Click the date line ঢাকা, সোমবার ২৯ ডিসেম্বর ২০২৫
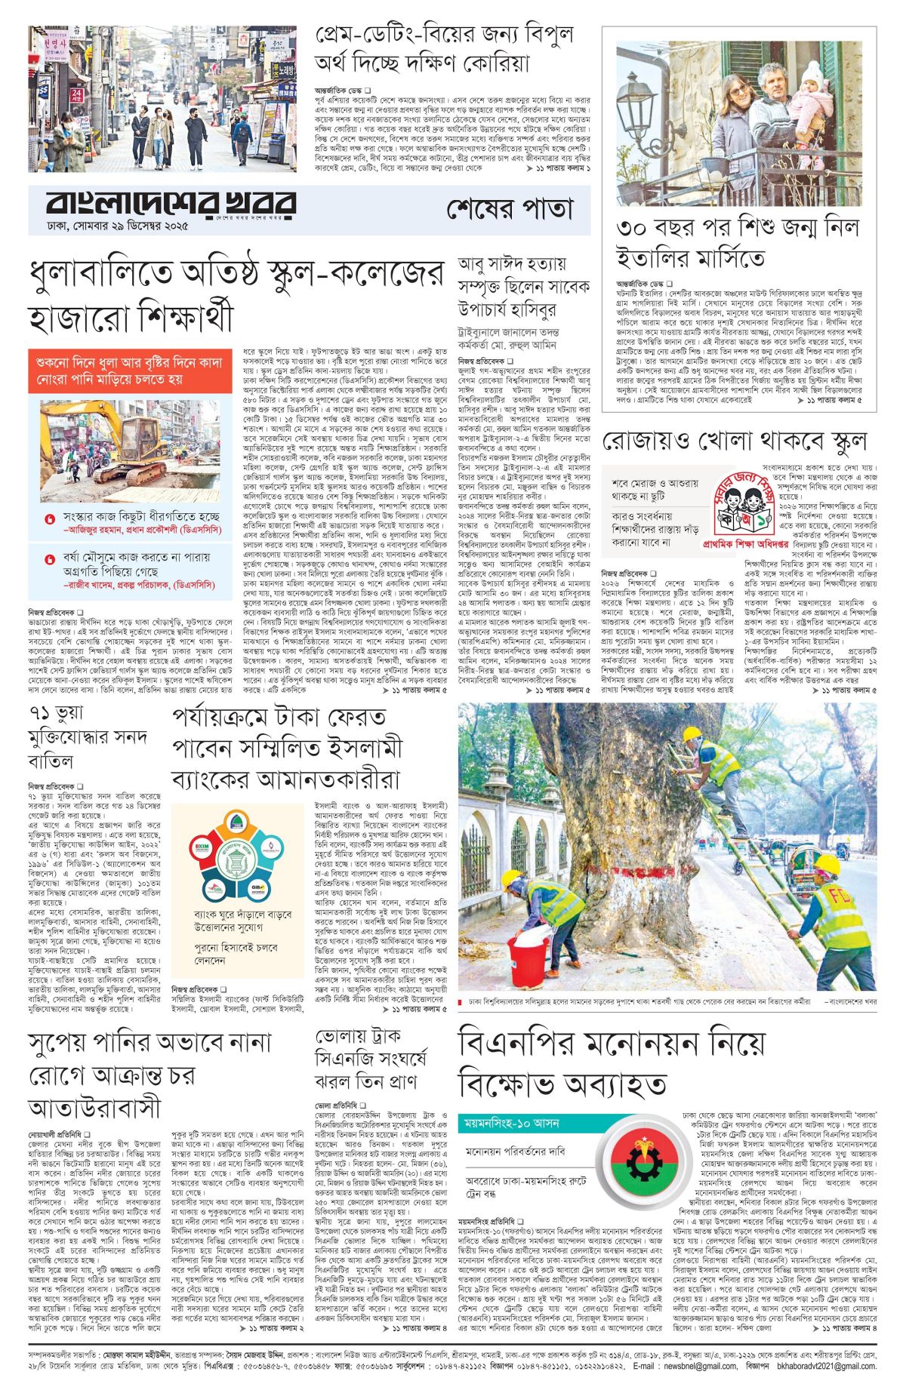click(x=118, y=226)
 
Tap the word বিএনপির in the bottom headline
click(x=528, y=1044)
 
